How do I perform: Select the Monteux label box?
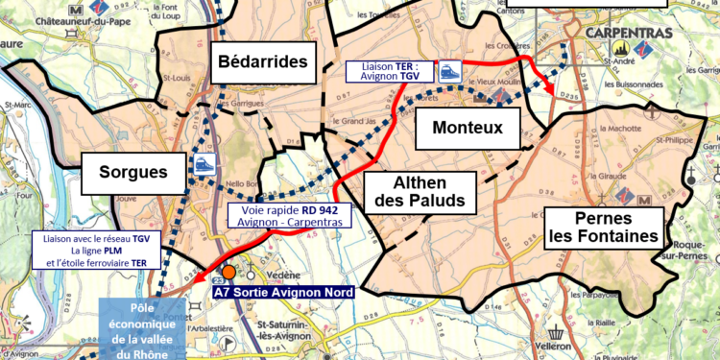point(467,128)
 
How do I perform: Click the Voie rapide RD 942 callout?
point(289,217)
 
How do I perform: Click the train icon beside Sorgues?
point(204,164)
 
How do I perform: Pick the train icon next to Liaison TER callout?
point(449,70)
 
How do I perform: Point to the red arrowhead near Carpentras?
point(550,89)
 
